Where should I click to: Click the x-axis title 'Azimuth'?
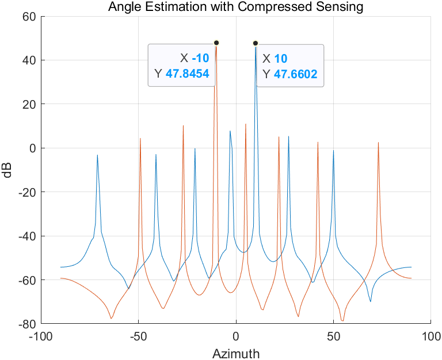236,352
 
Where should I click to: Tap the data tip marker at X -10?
216,43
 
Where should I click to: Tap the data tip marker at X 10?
256,43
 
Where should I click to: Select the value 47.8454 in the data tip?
187,74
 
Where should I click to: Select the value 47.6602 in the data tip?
296,74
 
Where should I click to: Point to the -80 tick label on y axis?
26,324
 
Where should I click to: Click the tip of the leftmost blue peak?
97,155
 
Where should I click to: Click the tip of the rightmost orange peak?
378,142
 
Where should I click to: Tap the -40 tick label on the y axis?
26,236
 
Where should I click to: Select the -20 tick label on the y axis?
26,192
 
